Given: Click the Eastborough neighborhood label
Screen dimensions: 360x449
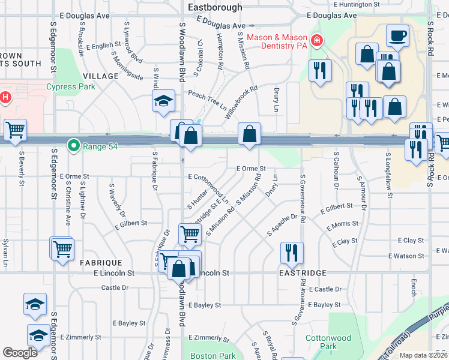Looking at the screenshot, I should coord(215,7).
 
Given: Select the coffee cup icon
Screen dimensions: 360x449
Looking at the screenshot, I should coord(397,35).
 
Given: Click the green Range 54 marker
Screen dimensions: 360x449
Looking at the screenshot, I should coord(74,145).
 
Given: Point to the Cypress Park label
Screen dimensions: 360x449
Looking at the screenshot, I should coord(70,86).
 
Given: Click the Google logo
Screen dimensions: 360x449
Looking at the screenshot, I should coord(20,353).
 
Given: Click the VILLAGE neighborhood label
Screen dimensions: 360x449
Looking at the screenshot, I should coord(101,76).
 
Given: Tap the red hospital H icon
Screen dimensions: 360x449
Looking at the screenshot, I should coord(5,97).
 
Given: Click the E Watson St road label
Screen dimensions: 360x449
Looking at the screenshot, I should coord(406,256).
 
